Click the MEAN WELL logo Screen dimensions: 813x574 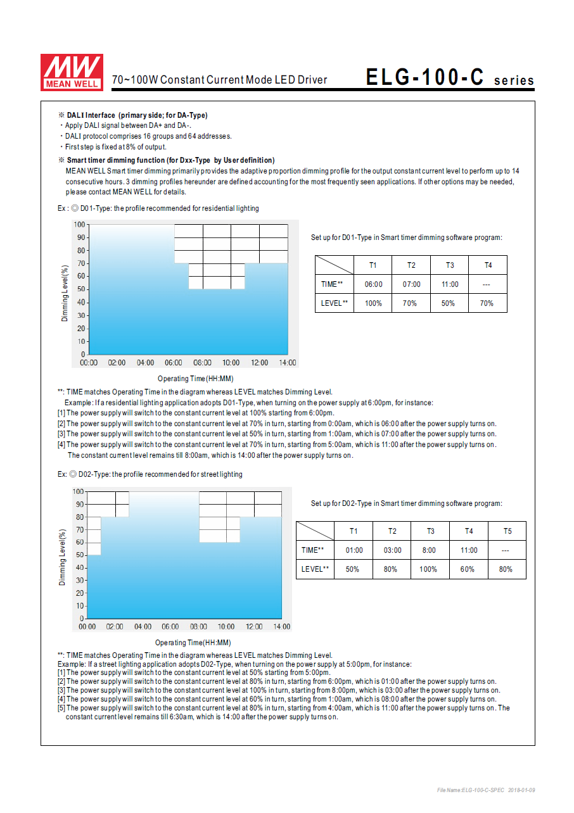[x=71, y=72]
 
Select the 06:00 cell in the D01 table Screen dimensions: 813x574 [x=373, y=284]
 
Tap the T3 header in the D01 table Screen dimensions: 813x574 [x=450, y=265]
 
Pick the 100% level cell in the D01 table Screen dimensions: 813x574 [x=373, y=303]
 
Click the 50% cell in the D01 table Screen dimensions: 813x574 [x=448, y=303]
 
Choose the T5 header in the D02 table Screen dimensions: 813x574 [x=507, y=531]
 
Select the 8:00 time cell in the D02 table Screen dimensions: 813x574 [x=429, y=550]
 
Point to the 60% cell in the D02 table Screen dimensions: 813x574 [x=468, y=569]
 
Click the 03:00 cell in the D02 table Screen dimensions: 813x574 [x=392, y=550]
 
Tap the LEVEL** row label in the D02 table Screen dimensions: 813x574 [x=315, y=569]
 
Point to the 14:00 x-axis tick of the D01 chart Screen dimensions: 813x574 [x=288, y=363]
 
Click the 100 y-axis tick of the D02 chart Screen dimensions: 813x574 [x=78, y=491]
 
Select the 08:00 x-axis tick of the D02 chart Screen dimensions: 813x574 [x=198, y=627]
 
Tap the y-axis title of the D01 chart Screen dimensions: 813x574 [x=65, y=293]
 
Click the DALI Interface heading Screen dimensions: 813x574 [x=137, y=115]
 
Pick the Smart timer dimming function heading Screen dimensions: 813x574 [x=170, y=160]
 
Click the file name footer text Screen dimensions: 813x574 [x=486, y=790]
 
